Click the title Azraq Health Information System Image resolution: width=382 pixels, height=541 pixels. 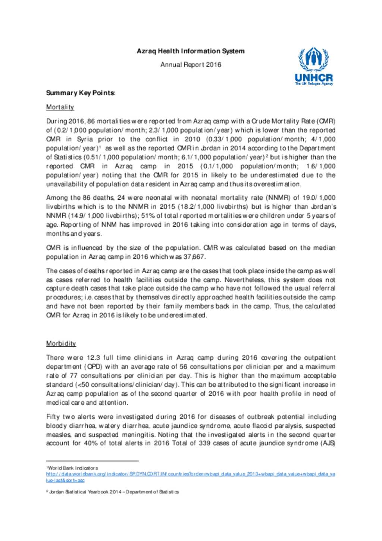[191, 51]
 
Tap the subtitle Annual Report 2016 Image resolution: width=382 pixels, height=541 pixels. [191, 65]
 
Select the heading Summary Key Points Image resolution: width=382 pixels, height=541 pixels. [81, 93]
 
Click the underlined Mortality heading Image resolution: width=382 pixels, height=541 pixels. [60, 107]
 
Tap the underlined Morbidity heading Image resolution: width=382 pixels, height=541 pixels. [61, 343]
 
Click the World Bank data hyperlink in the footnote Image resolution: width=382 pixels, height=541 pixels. [191, 474]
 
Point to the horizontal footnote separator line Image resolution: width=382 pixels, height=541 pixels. [92, 461]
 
